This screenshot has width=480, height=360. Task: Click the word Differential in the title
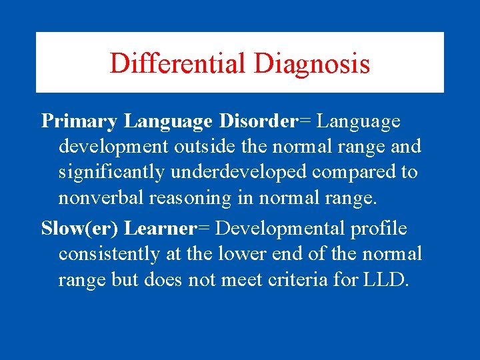click(178, 64)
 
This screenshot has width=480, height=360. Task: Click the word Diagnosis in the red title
click(311, 64)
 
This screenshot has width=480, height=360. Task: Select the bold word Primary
click(79, 121)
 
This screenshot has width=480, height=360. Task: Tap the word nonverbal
click(98, 197)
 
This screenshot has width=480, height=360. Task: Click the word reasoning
click(181, 197)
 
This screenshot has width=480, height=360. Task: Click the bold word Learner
click(160, 229)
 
